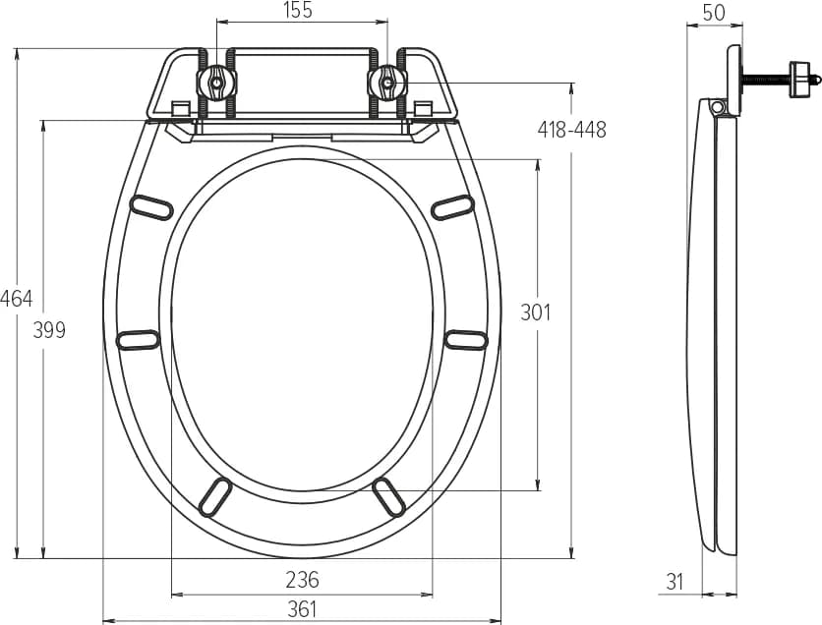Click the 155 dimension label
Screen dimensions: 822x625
click(x=298, y=10)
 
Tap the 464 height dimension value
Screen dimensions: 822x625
click(x=17, y=299)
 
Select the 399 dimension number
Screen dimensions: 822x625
click(x=49, y=330)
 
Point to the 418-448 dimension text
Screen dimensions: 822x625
click(x=572, y=130)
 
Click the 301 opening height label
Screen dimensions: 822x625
click(x=535, y=312)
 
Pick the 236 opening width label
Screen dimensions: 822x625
click(x=302, y=580)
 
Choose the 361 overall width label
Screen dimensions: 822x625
click(x=303, y=609)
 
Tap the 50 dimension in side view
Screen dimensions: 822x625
click(x=714, y=13)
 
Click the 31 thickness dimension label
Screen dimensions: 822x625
click(x=675, y=582)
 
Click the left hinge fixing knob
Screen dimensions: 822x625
click(x=216, y=83)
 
